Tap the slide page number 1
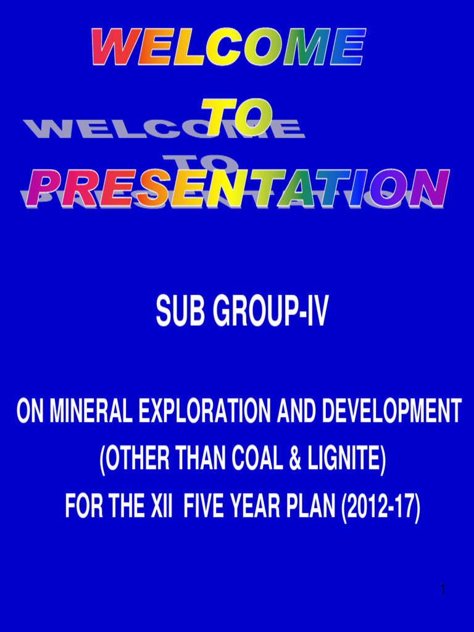pos(443,591)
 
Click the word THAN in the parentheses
pos(195,460)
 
